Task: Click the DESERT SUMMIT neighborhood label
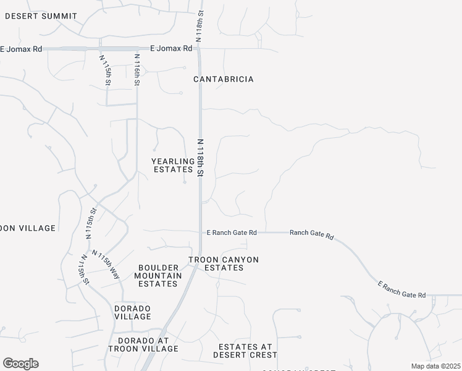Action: pos(41,16)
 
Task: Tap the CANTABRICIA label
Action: pos(224,80)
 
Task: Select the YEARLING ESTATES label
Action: pos(173,165)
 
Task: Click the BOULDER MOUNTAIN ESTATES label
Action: pos(157,276)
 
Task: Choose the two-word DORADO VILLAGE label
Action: pos(133,312)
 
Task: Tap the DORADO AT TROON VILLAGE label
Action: pos(143,344)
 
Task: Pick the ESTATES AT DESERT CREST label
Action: pos(245,351)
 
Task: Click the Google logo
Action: pos(20,364)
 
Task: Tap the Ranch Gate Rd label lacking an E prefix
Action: pos(311,233)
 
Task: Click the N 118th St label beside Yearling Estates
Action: pos(200,158)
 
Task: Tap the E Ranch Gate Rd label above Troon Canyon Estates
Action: pos(231,232)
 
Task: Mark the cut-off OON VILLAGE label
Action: pos(28,228)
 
